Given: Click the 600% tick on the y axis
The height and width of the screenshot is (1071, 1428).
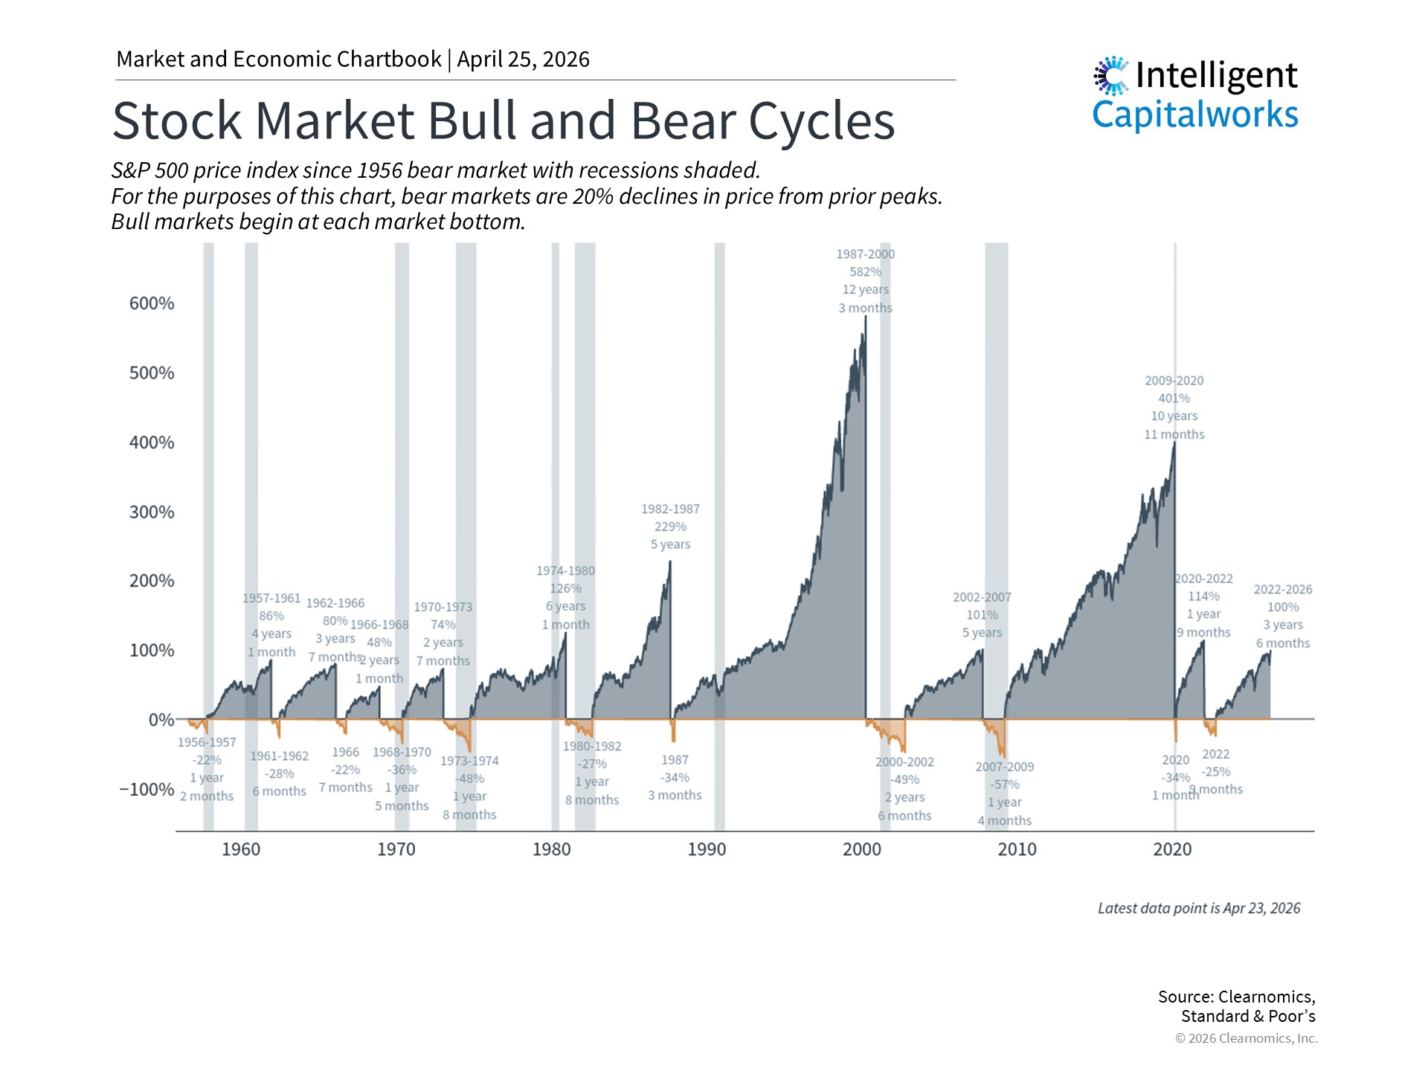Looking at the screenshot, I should click(152, 303).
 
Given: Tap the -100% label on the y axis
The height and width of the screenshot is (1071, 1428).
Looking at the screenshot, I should click(147, 789).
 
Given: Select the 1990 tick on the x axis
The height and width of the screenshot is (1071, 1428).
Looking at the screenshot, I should click(707, 849).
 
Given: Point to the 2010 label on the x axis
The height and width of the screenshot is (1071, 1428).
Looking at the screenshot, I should click(1017, 849).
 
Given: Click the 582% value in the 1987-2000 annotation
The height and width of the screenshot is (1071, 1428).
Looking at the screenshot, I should click(865, 272).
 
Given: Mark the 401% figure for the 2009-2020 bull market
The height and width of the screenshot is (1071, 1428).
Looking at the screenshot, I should click(1174, 399).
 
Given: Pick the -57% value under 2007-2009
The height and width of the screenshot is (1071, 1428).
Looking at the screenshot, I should click(1004, 785).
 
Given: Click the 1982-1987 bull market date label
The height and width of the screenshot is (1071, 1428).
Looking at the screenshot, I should click(670, 509).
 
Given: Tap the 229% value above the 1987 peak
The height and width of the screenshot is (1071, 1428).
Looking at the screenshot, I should click(670, 527).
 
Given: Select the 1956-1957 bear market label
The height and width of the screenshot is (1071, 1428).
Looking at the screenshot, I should click(207, 742).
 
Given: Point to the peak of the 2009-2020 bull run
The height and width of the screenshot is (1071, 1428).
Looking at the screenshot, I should click(1174, 443).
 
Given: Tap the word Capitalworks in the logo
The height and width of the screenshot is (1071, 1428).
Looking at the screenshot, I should click(1194, 115).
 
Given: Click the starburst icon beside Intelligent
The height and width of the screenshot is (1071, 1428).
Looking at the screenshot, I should click(1111, 76).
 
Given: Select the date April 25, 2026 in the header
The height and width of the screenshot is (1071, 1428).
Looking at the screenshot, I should click(523, 59).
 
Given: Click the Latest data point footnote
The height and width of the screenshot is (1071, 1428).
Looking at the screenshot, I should click(1199, 908).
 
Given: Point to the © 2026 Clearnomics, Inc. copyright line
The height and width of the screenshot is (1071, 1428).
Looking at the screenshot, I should click(1246, 1038).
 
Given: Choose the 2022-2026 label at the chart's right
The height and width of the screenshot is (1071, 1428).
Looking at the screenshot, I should click(1283, 590).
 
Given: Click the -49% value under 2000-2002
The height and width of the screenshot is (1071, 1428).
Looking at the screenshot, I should click(904, 780).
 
